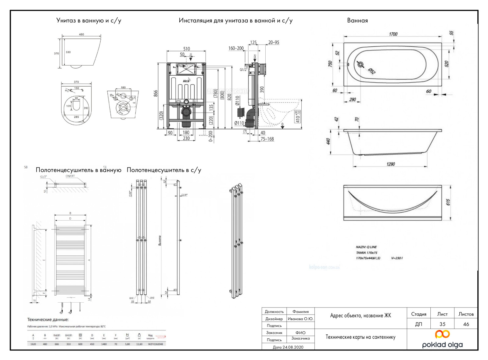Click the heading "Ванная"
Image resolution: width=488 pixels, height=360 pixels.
click(357, 20)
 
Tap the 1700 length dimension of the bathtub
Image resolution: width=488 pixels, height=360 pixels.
click(393, 34)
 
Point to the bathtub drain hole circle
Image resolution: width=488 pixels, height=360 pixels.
click(361, 64)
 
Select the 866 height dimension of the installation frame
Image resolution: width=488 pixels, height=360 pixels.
click(156, 93)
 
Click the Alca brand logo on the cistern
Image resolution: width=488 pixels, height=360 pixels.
click(186, 81)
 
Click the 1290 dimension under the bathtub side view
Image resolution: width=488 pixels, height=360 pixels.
click(390, 164)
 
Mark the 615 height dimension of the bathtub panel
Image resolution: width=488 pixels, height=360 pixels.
click(448, 202)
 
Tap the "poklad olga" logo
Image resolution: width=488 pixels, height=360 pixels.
click(442, 339)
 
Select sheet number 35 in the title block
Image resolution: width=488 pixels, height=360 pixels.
click(442, 324)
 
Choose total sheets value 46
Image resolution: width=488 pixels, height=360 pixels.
click(466, 324)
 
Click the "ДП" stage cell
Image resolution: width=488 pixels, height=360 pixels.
click(418, 324)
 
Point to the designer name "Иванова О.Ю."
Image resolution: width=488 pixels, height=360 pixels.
click(300, 319)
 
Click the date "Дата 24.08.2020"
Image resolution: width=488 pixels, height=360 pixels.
click(288, 347)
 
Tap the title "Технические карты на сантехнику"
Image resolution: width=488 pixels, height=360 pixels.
click(360, 337)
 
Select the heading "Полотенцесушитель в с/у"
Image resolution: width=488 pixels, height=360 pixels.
click(164, 170)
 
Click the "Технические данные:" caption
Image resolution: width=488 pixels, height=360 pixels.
click(48, 320)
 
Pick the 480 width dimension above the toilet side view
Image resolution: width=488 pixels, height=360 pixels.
click(81, 34)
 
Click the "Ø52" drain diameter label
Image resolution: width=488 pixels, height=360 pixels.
click(371, 71)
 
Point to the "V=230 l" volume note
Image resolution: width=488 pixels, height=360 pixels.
click(397, 258)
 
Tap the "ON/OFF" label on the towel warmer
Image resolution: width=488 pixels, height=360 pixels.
click(70, 176)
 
